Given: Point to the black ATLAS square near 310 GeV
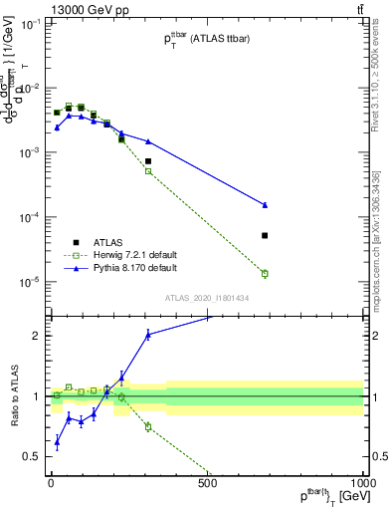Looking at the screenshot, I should point(148,160).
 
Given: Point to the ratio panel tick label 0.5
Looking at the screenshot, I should point(33,457).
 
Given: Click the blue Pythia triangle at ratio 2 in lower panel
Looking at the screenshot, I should point(148,335).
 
